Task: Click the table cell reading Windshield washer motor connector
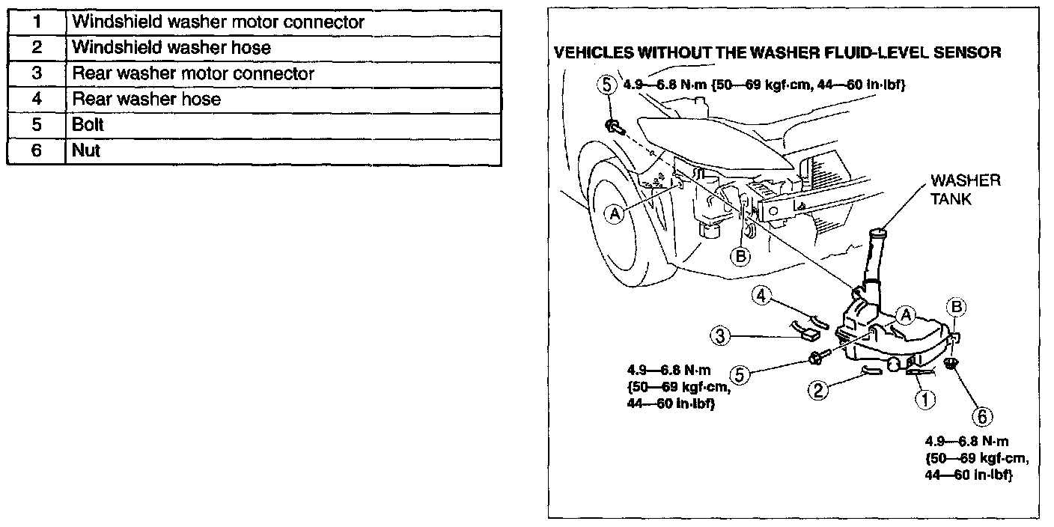point(218,22)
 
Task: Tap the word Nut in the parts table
point(86,150)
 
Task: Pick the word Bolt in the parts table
point(88,124)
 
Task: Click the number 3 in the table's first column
point(37,73)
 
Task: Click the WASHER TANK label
point(965,189)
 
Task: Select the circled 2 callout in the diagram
point(820,389)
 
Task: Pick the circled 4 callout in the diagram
point(761,296)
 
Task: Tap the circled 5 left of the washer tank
point(740,375)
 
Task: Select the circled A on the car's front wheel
point(615,214)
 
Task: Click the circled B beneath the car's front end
point(740,257)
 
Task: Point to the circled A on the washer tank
point(906,314)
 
